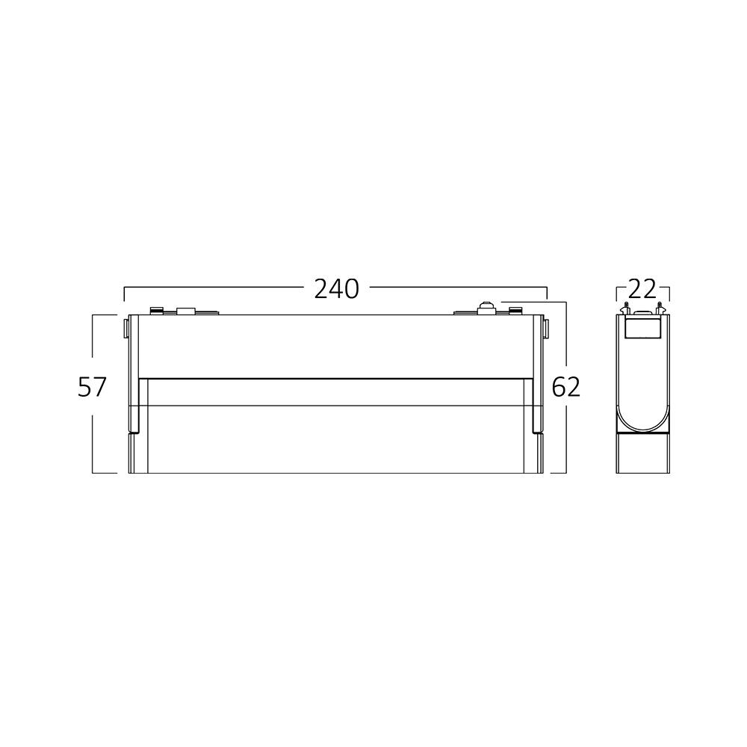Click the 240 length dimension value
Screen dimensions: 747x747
336,289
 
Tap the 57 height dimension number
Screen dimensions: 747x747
92,387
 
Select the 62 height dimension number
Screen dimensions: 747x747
566,387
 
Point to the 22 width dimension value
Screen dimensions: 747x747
642,289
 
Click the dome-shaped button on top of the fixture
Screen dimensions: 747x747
486,307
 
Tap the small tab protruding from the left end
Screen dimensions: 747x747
125,328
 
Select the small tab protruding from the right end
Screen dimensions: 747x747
545,328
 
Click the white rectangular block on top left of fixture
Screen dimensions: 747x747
186,311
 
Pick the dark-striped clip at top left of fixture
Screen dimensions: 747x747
156,311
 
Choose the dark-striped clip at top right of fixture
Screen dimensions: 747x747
515,311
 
